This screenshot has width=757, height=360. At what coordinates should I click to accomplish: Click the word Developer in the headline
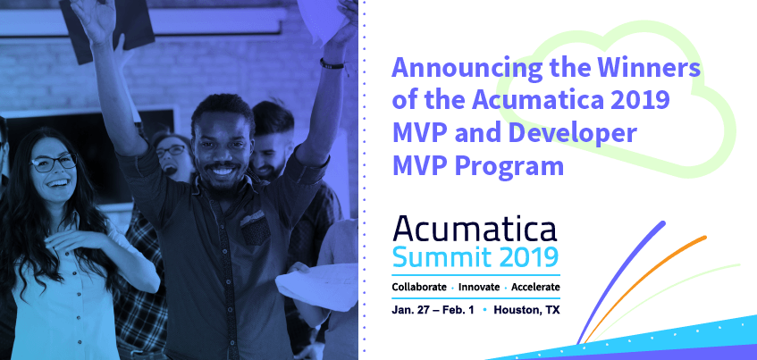(573, 134)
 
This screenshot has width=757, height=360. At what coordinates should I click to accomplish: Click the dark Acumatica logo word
(475, 229)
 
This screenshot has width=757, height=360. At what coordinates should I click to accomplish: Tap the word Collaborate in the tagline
(419, 287)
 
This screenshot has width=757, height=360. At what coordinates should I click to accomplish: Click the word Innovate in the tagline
(479, 287)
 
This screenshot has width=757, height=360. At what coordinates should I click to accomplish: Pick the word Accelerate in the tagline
(535, 287)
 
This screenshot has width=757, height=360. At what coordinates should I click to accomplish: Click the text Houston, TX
(526, 310)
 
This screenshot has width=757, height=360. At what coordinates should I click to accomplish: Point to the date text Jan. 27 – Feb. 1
(433, 310)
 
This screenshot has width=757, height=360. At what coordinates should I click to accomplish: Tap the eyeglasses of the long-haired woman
(53, 163)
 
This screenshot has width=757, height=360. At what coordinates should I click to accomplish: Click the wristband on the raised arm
(332, 63)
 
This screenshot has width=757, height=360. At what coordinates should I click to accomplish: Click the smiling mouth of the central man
(223, 171)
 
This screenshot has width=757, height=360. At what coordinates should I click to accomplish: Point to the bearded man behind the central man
(272, 140)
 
